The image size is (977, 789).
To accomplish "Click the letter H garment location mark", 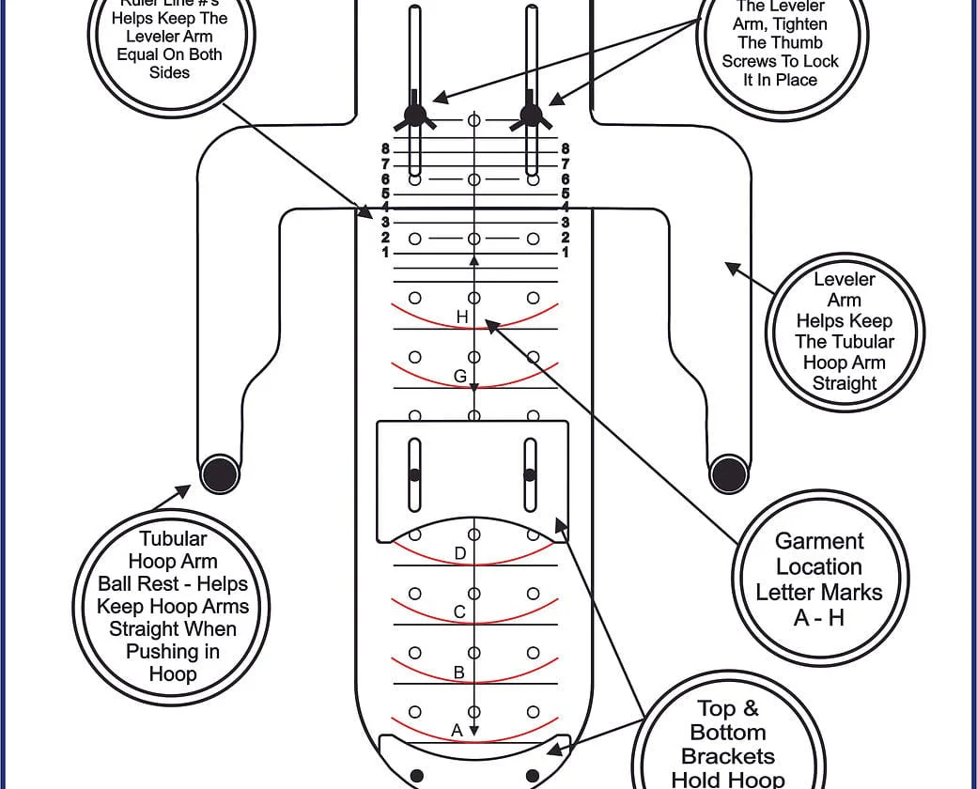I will (461, 317).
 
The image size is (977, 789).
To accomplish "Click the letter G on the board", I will (459, 376).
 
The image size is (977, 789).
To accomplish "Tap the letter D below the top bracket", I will (459, 553).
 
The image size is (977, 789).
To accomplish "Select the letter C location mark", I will (459, 612).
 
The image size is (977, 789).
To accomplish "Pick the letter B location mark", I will (459, 673).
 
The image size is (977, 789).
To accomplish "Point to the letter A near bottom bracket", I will (457, 730).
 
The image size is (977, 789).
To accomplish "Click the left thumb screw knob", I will (414, 115).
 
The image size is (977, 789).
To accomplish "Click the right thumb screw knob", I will (531, 115).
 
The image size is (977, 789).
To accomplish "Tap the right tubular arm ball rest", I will (728, 472).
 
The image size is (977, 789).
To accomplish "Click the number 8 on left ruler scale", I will (385, 148).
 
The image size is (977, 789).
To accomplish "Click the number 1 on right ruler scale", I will (565, 252).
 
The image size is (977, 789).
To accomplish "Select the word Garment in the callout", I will (819, 541).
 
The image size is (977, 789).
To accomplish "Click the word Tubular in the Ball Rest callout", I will (173, 539).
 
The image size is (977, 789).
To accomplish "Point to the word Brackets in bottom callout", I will (728, 756).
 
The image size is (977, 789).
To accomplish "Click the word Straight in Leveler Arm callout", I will (844, 383).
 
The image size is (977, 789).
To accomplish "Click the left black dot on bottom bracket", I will (417, 775).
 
